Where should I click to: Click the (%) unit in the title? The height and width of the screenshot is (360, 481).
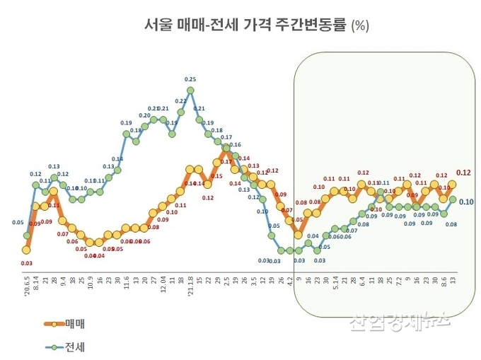click(x=359, y=26)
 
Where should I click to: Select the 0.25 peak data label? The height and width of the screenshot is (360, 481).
click(x=190, y=80)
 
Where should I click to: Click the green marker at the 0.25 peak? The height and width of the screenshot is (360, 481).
click(x=190, y=91)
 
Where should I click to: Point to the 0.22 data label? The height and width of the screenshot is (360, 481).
click(x=180, y=101)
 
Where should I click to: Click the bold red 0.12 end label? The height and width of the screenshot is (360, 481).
click(x=464, y=173)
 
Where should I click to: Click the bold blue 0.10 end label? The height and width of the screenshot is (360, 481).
click(x=466, y=202)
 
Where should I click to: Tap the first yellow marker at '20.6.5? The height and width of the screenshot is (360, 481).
click(x=26, y=249)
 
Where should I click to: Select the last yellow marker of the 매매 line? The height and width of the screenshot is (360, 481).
click(x=452, y=184)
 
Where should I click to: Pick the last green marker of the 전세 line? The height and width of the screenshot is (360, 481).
click(x=452, y=199)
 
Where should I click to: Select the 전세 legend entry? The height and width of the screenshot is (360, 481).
click(x=66, y=347)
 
